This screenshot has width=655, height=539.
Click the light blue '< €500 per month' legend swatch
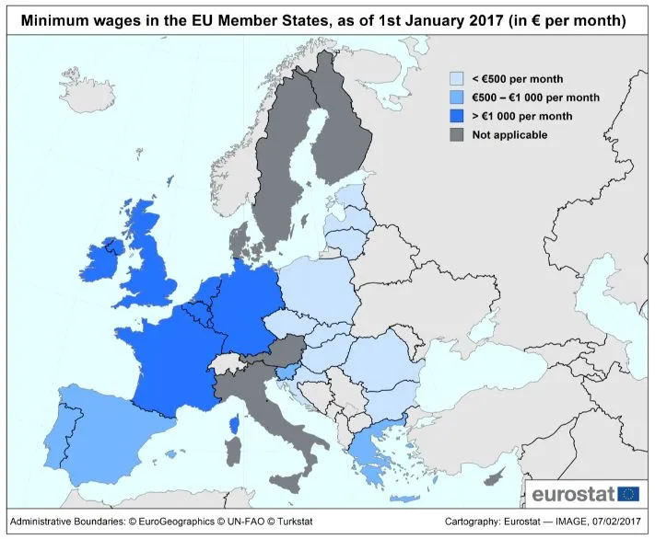click(x=456, y=79)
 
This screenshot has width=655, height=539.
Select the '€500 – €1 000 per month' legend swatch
click(x=456, y=97)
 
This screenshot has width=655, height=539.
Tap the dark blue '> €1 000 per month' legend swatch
click(x=456, y=116)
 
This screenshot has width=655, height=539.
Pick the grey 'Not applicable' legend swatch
click(x=456, y=135)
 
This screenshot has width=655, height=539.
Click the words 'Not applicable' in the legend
click(x=509, y=135)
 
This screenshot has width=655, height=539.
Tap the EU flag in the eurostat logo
click(x=628, y=492)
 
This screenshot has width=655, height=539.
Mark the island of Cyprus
click(x=497, y=475)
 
